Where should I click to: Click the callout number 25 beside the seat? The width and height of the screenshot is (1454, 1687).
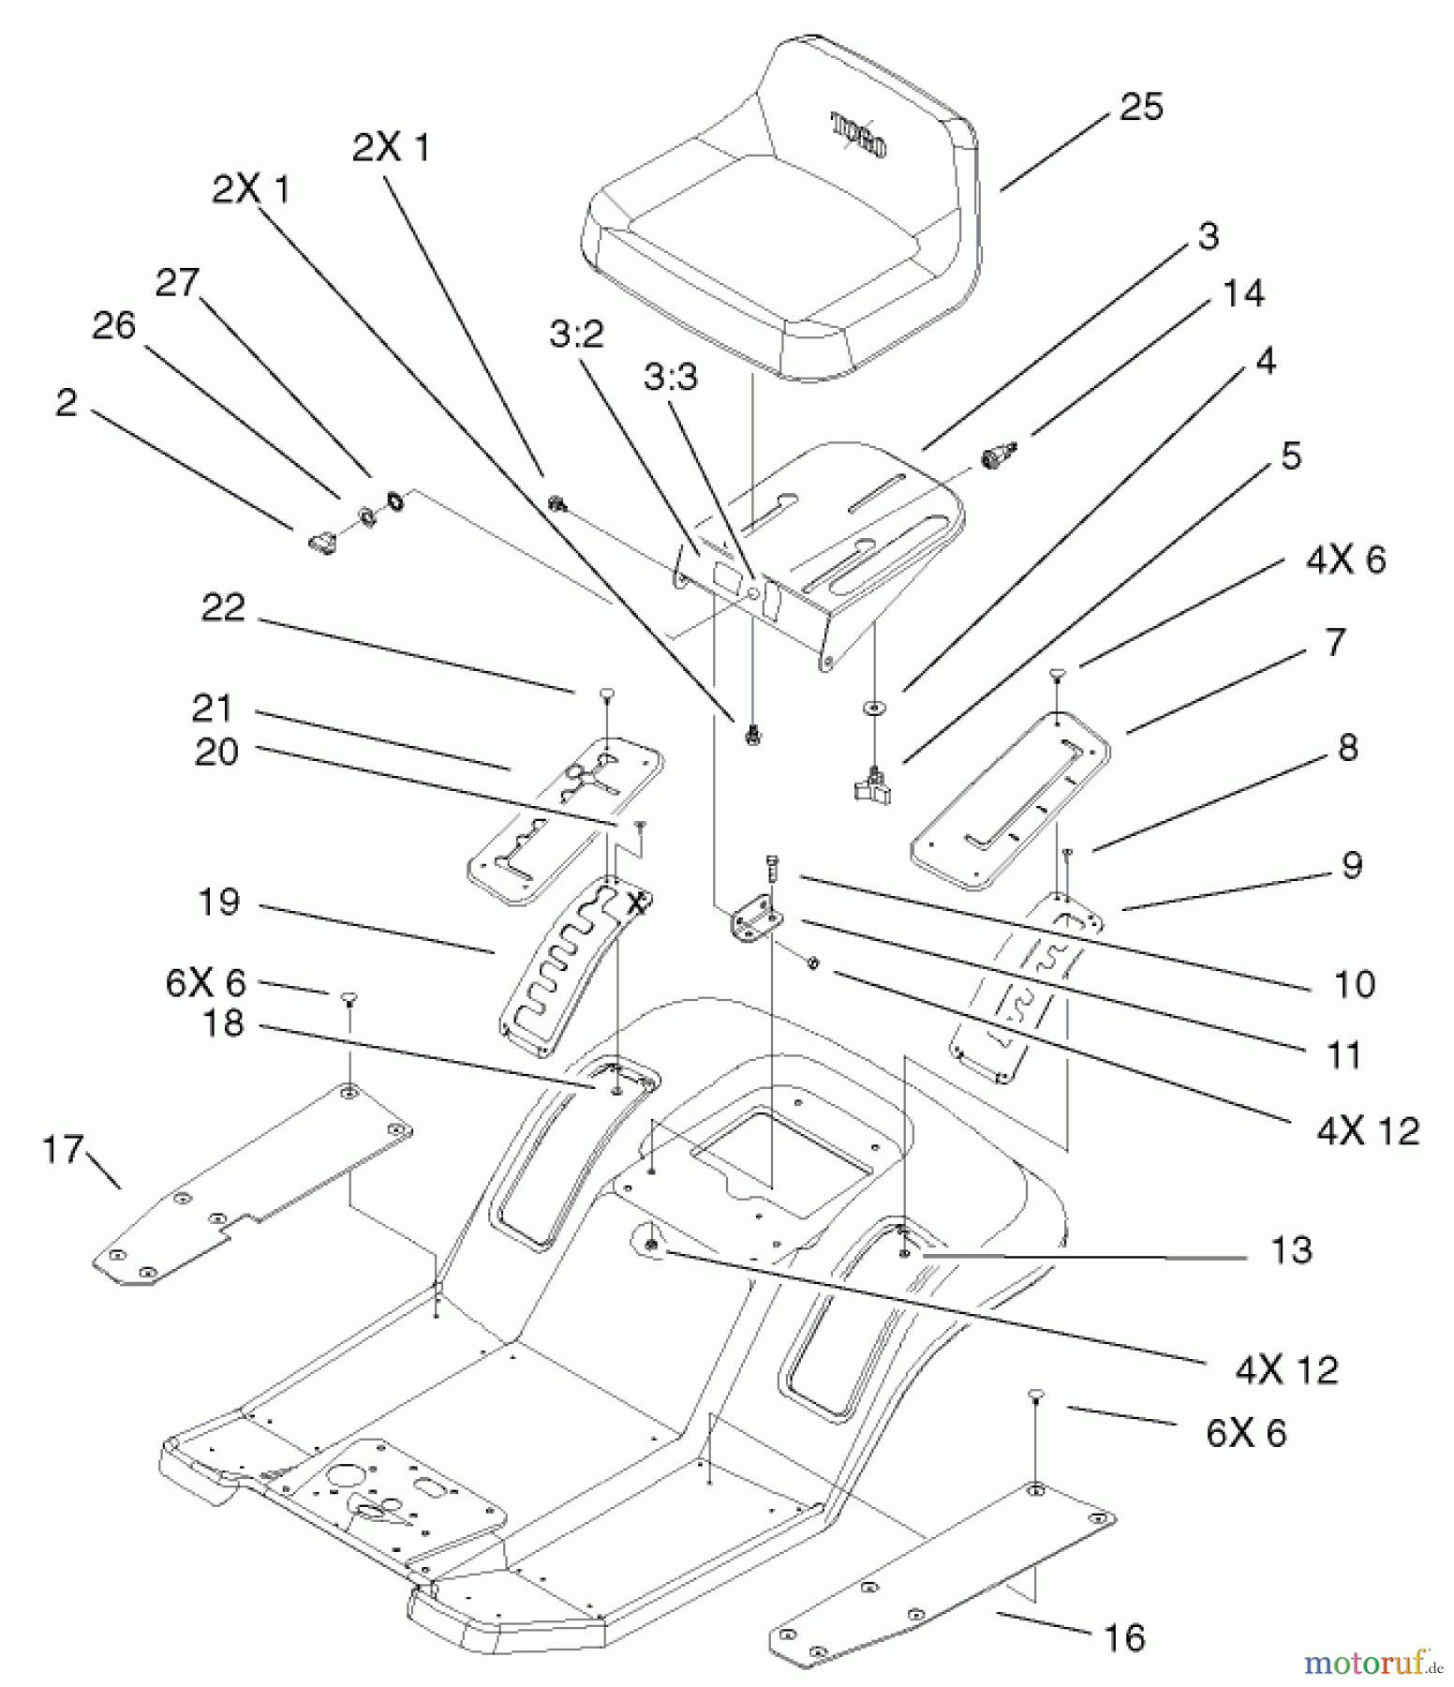coord(1140,107)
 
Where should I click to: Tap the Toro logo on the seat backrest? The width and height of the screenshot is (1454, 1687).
coord(858,134)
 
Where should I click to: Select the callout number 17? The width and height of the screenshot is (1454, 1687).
coord(63,1149)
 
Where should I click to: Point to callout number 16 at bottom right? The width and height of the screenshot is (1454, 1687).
coord(1124,1638)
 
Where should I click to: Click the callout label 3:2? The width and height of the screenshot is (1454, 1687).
coord(576,334)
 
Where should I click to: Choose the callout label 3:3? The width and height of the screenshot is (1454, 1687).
coord(671,378)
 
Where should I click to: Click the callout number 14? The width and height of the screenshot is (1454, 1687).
coord(1243,294)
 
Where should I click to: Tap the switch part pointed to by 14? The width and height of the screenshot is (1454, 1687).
coord(995,457)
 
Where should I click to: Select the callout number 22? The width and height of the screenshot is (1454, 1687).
coord(223,608)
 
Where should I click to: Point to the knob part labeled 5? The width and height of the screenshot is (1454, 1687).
coord(873,785)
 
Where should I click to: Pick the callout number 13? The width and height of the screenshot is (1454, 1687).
coord(1291,1250)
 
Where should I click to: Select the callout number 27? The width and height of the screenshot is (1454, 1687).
coord(177,282)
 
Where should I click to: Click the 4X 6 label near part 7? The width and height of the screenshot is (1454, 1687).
coord(1345,560)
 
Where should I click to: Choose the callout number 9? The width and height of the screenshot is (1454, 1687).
coord(1351,865)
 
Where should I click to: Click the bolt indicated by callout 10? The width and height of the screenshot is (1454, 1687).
coord(772,868)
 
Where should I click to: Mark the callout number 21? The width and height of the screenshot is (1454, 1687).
coord(212,709)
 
